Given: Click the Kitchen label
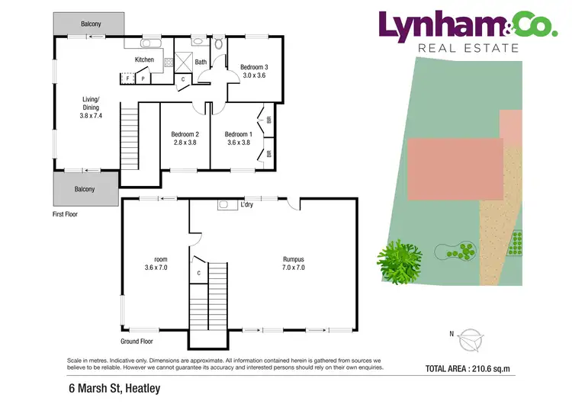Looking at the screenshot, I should coord(144,59).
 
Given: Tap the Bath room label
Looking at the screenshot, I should coord(201,62).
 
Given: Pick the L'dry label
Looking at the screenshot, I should coord(246,205).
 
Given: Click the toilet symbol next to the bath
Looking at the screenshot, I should coord(217,43).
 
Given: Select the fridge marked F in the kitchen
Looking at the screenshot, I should coord(127,78).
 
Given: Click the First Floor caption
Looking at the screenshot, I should coord(65,214).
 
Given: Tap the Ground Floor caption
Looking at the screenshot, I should coord(137,341).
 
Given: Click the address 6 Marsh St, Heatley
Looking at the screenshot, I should coord(114,388).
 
